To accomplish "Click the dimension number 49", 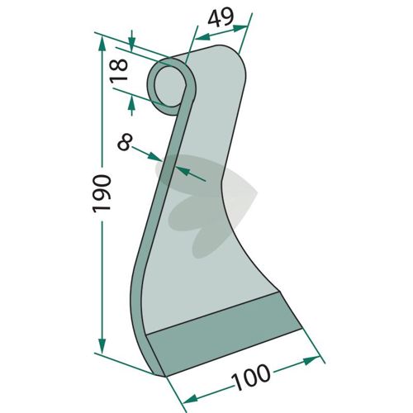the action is (221, 17).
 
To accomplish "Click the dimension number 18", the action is (119, 71).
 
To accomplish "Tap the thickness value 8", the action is (125, 142).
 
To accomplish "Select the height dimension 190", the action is (102, 193).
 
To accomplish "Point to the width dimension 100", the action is (250, 377).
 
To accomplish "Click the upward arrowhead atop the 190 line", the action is (102, 44).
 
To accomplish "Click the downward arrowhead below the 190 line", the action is (102, 346).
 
